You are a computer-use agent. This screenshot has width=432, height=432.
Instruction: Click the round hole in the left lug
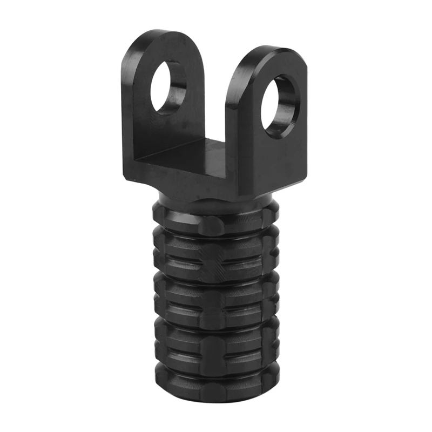coord(168,86)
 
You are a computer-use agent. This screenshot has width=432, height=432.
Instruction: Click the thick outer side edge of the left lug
coord(127,108)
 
